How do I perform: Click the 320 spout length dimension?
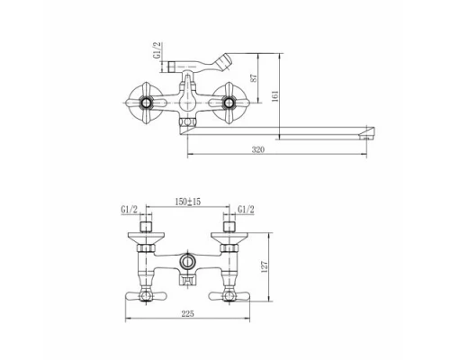tap(258, 149)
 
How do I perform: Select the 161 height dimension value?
tap(275, 96)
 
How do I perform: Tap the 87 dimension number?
tap(254, 78)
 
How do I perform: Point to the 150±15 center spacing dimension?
tap(188, 202)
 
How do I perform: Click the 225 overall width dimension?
tap(188, 314)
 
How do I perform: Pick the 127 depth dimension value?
tap(265, 266)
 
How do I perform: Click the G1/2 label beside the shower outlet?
tap(157, 50)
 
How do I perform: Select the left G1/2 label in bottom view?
tap(130, 210)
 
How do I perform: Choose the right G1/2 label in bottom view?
tap(246, 210)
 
